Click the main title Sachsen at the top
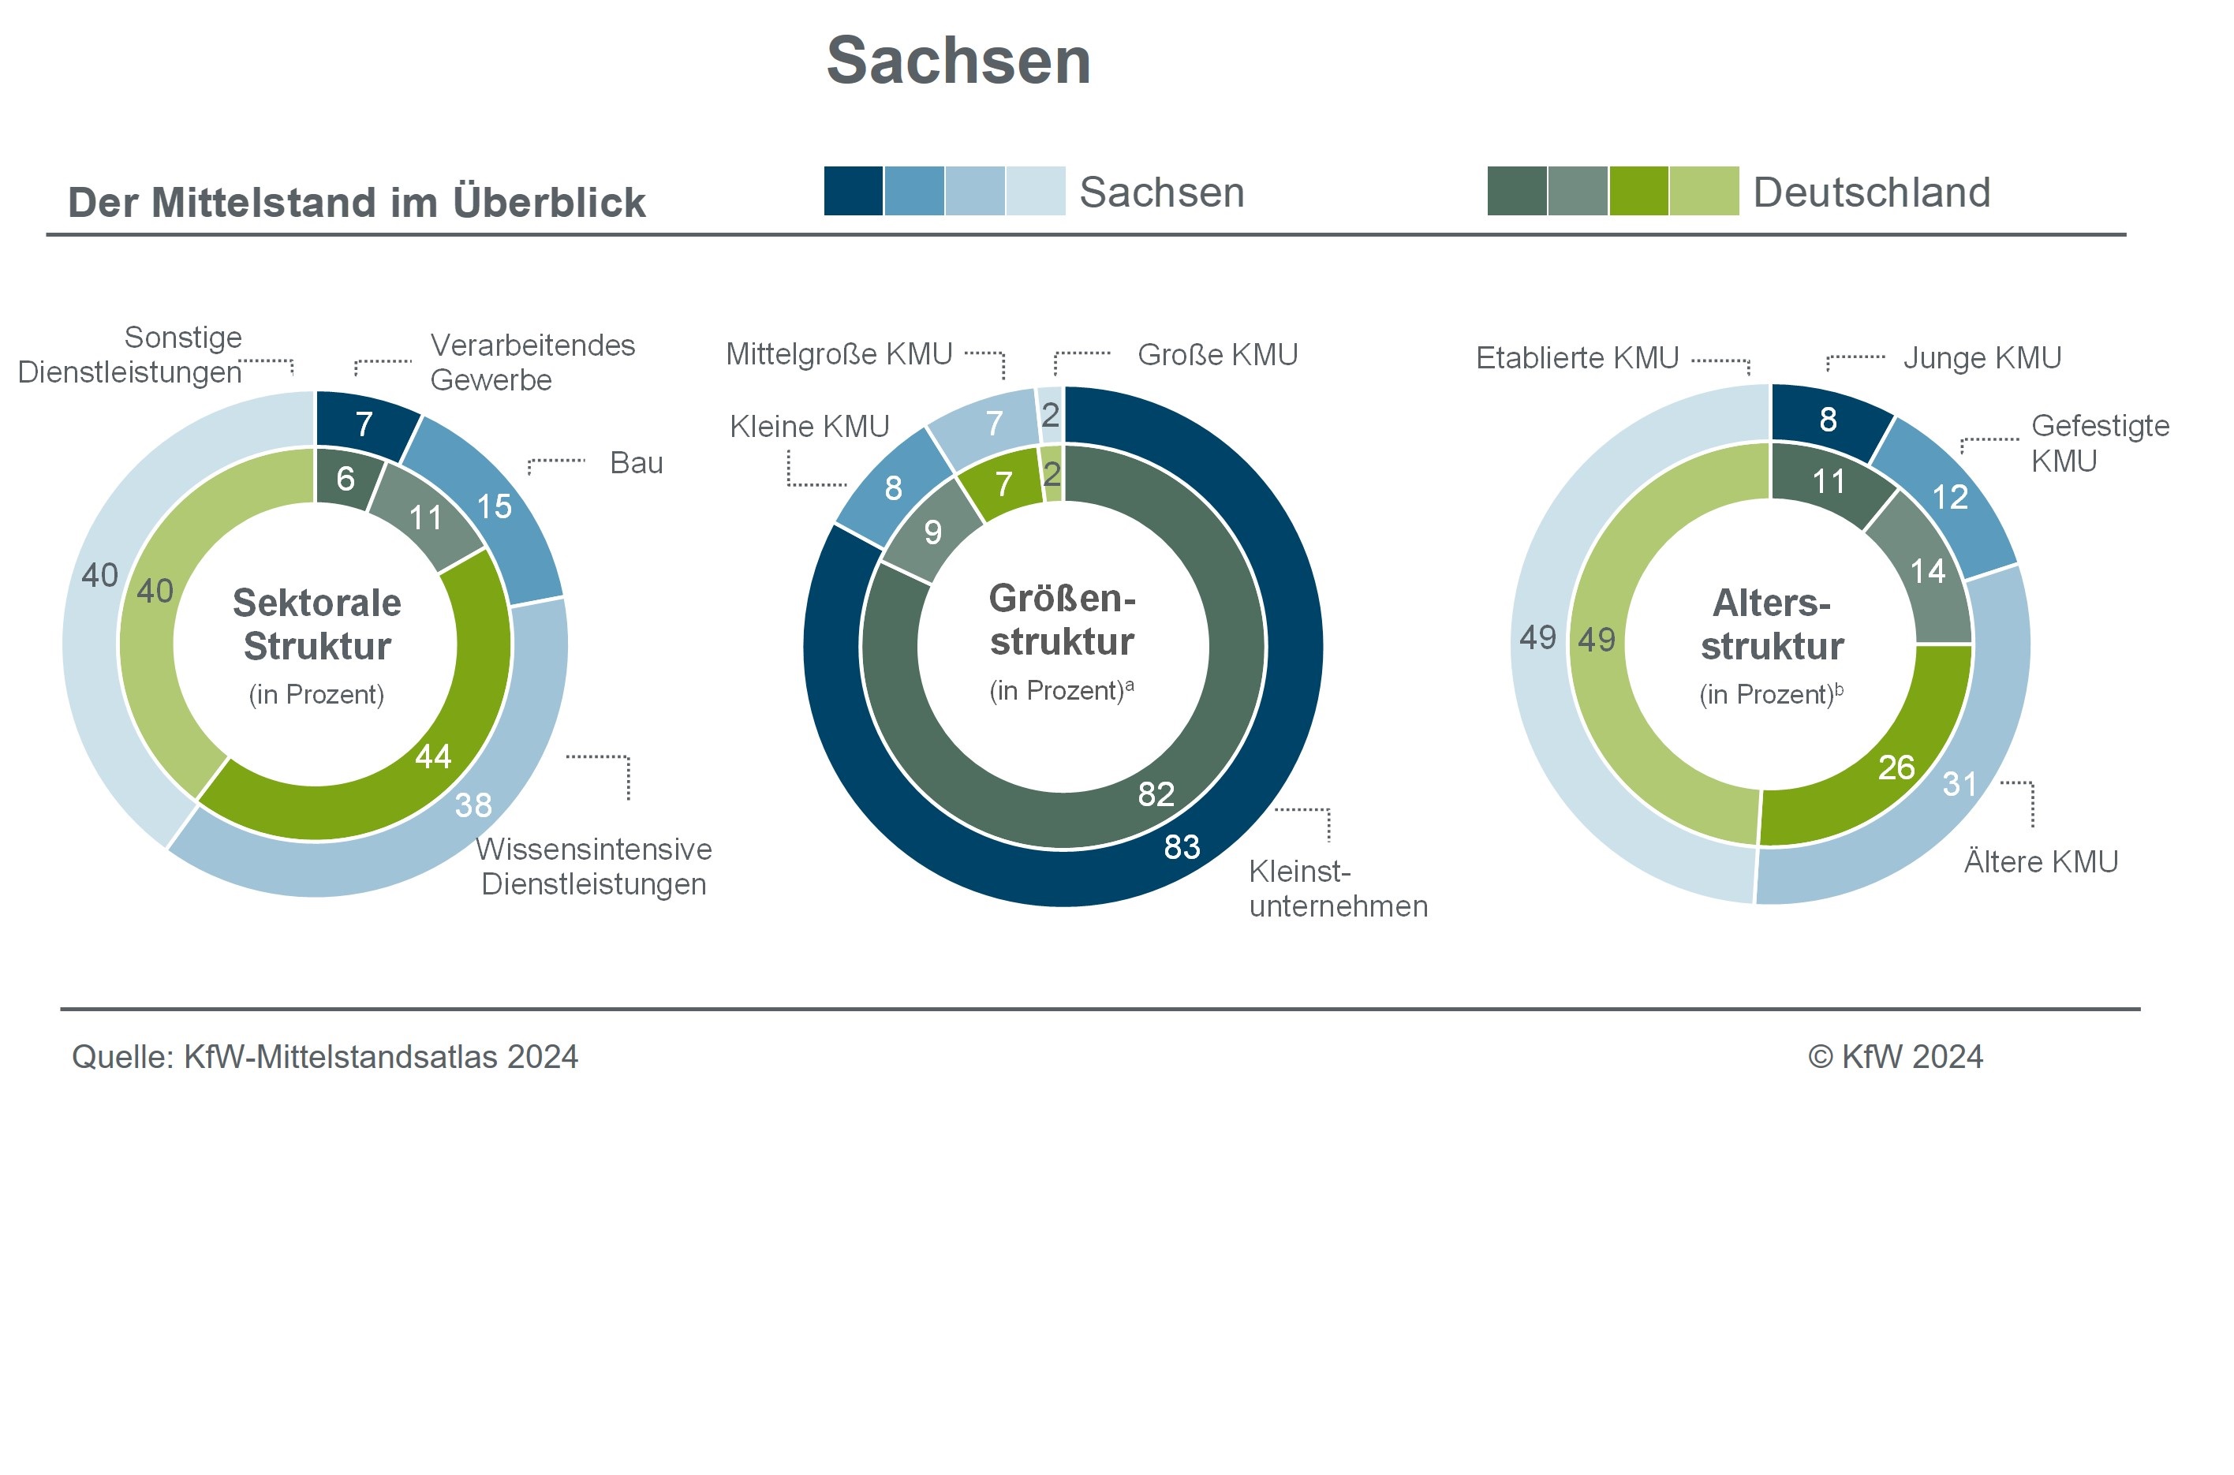coord(958,60)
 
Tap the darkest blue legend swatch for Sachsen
coord(854,191)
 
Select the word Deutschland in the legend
coord(1872,192)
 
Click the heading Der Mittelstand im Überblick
coord(357,202)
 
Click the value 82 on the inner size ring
coord(1156,795)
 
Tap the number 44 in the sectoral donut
coord(434,756)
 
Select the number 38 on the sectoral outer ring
coord(473,805)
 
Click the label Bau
coord(637,463)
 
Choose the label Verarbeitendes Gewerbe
coord(532,362)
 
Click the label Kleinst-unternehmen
coord(1338,889)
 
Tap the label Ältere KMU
coord(2042,861)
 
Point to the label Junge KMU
coord(1982,357)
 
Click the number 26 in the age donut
coord(1896,767)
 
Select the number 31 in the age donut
coord(1960,783)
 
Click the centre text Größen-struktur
coord(1062,620)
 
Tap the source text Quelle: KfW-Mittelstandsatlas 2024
coord(324,1056)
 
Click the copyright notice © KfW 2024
coord(1896,1056)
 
